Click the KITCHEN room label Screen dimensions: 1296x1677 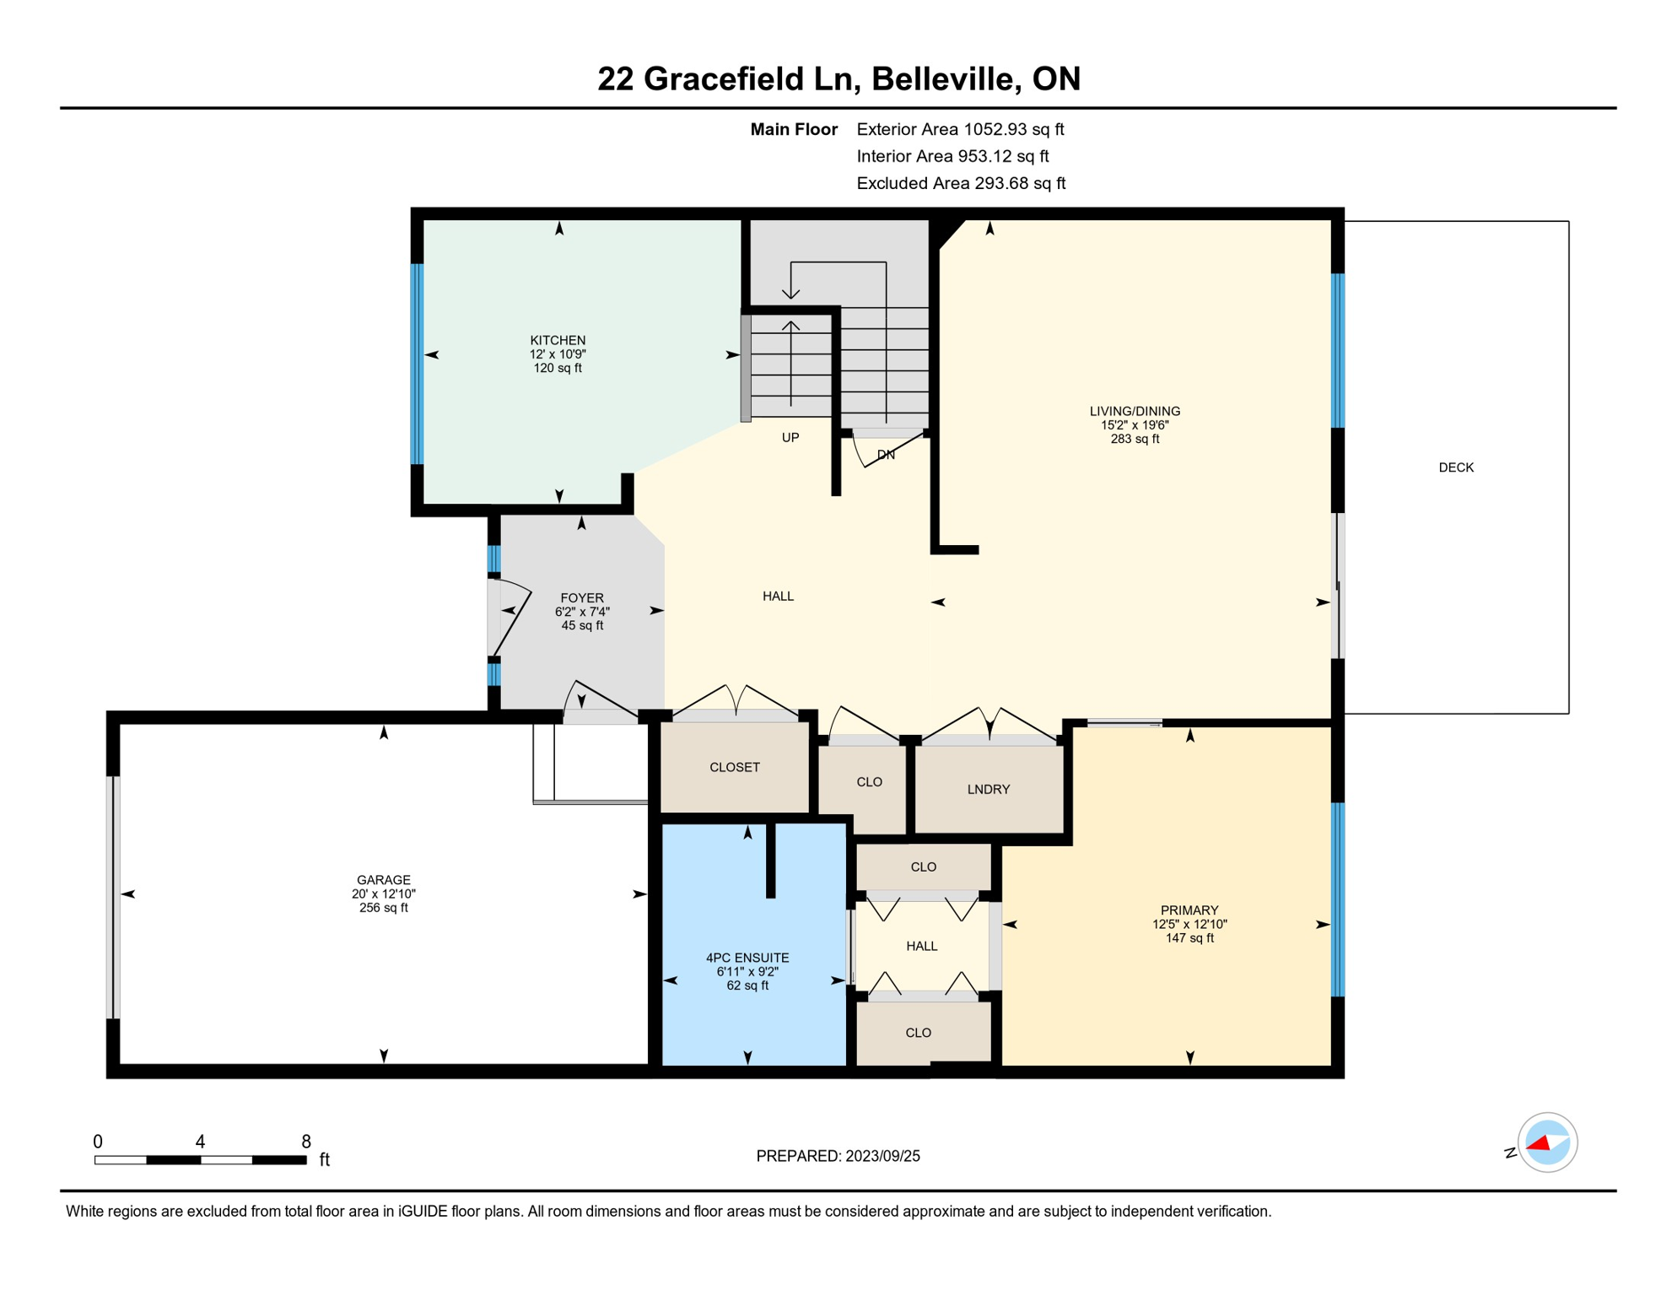tap(558, 341)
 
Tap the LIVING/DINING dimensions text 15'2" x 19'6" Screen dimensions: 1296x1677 tap(1135, 425)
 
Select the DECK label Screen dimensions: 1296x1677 tap(1456, 467)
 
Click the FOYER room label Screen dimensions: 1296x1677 tap(582, 598)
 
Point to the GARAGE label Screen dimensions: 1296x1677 tap(383, 880)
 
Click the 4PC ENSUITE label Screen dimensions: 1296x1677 tap(747, 958)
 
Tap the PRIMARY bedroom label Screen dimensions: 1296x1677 tap(1189, 910)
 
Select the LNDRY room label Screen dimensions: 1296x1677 tap(988, 790)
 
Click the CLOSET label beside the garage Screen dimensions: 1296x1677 tap(735, 767)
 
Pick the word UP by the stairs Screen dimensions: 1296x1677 tap(790, 437)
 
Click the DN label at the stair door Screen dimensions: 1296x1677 tap(886, 455)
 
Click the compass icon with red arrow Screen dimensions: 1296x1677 tap(1547, 1142)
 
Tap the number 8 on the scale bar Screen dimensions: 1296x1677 tap(306, 1142)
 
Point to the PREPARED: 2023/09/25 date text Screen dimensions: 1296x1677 tap(838, 1156)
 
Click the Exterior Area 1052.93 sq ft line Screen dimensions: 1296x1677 tap(960, 129)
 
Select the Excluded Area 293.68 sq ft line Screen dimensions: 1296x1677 tap(961, 183)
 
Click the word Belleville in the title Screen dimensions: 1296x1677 tap(941, 78)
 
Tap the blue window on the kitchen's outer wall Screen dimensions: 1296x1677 tap(417, 363)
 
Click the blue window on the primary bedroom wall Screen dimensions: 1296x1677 tap(1337, 899)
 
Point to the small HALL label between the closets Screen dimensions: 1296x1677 tap(922, 946)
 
